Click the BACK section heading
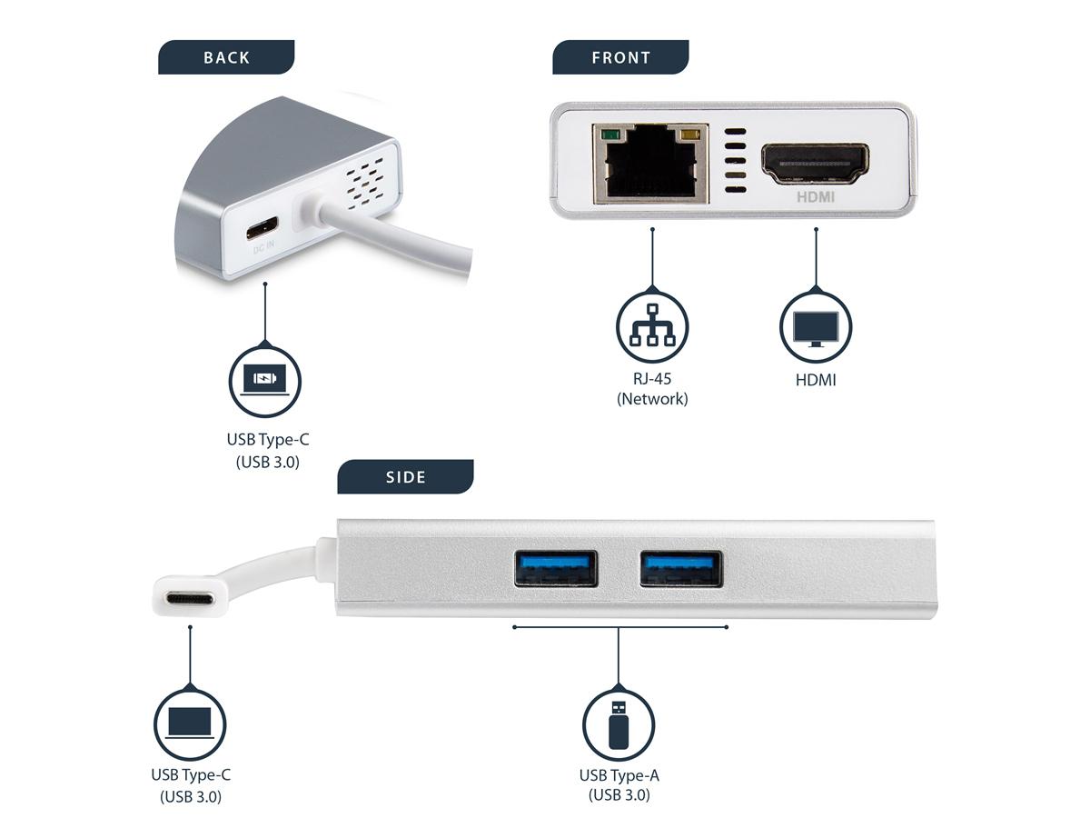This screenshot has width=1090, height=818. coord(226,57)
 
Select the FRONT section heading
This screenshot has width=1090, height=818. coord(620,57)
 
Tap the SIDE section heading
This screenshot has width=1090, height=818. coord(405,477)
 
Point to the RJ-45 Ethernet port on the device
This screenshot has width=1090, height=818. coord(650,165)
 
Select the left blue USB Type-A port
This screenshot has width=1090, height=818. coord(555,569)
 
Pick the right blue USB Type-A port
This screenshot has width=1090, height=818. coord(680,569)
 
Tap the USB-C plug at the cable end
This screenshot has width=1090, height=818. coord(190,599)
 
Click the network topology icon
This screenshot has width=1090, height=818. coord(652,326)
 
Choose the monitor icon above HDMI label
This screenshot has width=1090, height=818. coord(816,326)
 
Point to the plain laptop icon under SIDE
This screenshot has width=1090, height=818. coord(190,724)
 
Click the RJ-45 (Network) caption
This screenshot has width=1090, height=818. coord(652,389)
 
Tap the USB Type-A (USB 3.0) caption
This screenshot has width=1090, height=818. coord(619,784)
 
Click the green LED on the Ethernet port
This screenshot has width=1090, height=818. coord(606,137)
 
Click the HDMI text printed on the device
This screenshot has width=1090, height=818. coord(815,195)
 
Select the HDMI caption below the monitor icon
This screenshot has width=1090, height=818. coord(816,380)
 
